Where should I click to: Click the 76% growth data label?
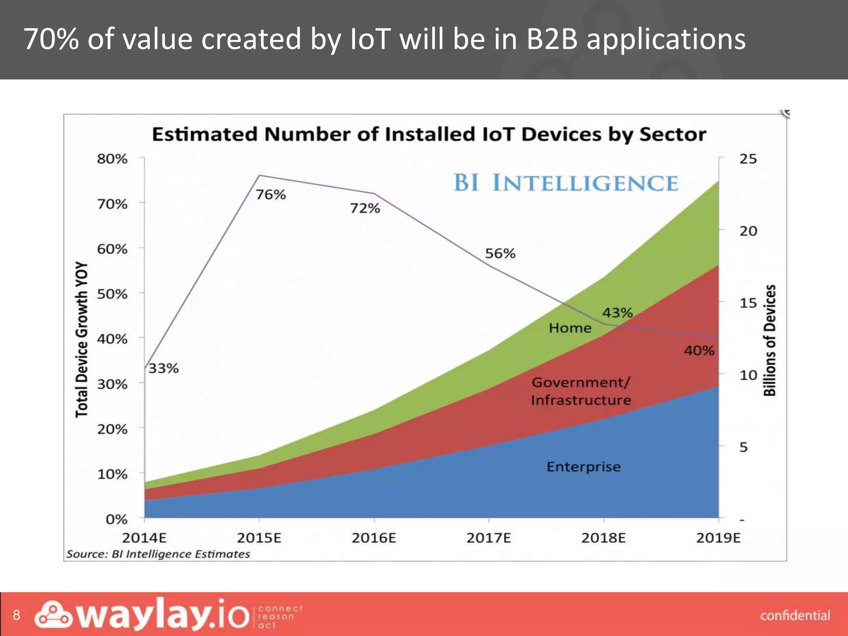270,194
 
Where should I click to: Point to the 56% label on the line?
500,253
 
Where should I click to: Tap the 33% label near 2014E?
163,368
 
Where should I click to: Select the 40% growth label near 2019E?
699,351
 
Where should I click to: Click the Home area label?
570,328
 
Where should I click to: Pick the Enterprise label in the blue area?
583,467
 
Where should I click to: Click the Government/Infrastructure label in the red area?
581,391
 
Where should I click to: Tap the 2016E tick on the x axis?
374,538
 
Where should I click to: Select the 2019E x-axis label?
718,538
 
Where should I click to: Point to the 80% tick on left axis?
112,159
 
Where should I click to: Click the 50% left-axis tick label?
112,294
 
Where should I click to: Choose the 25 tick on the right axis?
748,159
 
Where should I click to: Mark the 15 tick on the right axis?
748,303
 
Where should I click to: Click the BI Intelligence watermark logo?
566,183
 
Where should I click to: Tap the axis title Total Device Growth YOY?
82,340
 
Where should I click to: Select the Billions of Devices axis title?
769,340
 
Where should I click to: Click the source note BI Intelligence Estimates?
158,554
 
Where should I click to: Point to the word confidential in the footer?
795,616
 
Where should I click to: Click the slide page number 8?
16,615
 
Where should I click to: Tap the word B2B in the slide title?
552,39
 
